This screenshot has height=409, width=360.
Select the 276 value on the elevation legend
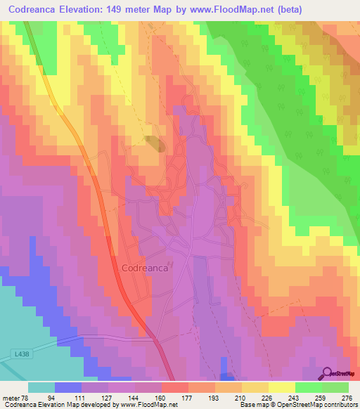(x=348, y=397)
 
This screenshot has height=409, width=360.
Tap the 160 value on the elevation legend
(x=161, y=397)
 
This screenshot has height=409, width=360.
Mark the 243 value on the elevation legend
(x=295, y=397)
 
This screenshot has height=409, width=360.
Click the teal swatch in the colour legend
(x=41, y=387)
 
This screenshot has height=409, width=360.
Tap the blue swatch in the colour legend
(x=68, y=387)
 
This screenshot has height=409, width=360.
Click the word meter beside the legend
(x=10, y=397)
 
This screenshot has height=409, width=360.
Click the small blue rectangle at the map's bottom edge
(x=225, y=365)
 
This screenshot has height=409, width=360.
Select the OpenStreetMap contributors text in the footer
(x=320, y=405)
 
